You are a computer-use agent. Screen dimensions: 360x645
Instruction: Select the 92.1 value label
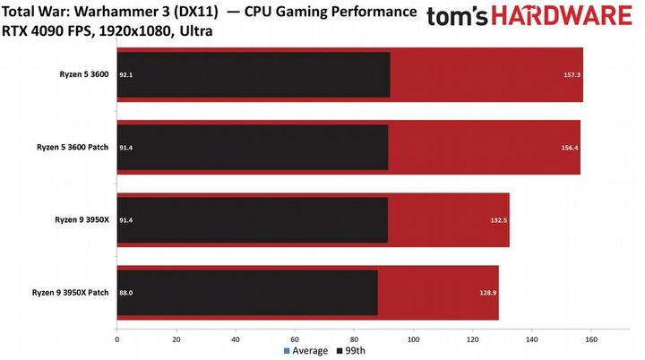coord(126,75)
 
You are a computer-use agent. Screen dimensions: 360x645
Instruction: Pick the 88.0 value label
coord(126,293)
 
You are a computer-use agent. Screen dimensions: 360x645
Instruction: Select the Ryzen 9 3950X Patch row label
coord(73,293)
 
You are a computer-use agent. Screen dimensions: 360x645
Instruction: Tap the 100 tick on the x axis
coord(413,339)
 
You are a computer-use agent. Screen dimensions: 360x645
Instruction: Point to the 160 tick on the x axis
coord(591,339)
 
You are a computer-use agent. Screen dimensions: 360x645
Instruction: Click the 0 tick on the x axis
coord(117,339)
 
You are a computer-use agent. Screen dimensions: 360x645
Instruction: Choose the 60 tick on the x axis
coord(295,339)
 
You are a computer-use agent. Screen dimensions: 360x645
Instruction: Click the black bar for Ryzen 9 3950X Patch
coord(247,293)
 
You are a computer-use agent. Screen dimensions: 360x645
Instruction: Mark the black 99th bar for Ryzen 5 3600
coord(254,75)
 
